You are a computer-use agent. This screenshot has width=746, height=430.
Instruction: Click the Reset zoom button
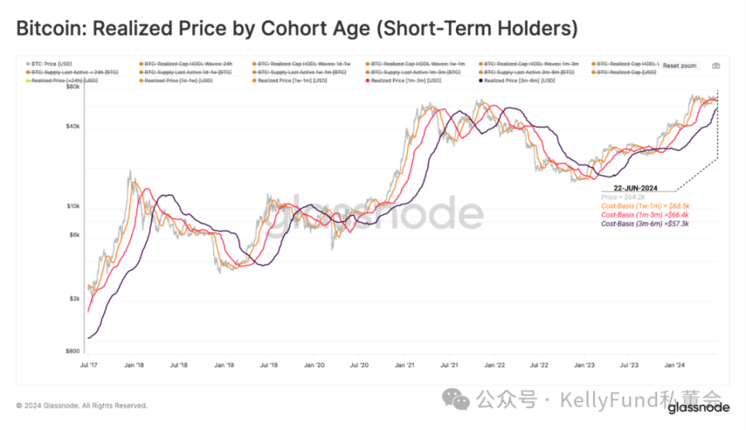point(679,66)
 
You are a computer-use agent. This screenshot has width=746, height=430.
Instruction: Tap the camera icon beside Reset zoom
point(716,66)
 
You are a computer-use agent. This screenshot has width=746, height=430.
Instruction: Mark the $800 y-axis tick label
point(71,351)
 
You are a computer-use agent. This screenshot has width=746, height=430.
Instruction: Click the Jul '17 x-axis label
point(90,366)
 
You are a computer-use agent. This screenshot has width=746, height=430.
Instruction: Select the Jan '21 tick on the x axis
point(405,366)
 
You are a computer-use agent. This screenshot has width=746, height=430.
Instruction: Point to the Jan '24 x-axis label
point(675,366)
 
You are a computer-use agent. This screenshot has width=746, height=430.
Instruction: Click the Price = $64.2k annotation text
point(623,197)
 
